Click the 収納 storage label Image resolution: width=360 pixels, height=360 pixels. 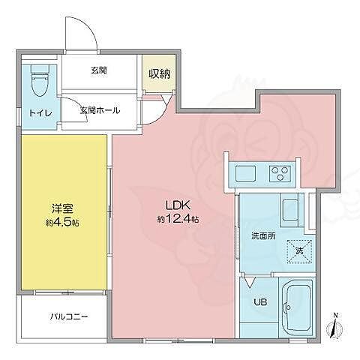coord(157,73)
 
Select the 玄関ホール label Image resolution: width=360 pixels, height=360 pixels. coord(100,109)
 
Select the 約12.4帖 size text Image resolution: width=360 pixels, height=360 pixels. coord(178,219)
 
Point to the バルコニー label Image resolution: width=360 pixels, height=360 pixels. coord(70,316)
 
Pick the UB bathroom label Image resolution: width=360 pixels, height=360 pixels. coord(259,302)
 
